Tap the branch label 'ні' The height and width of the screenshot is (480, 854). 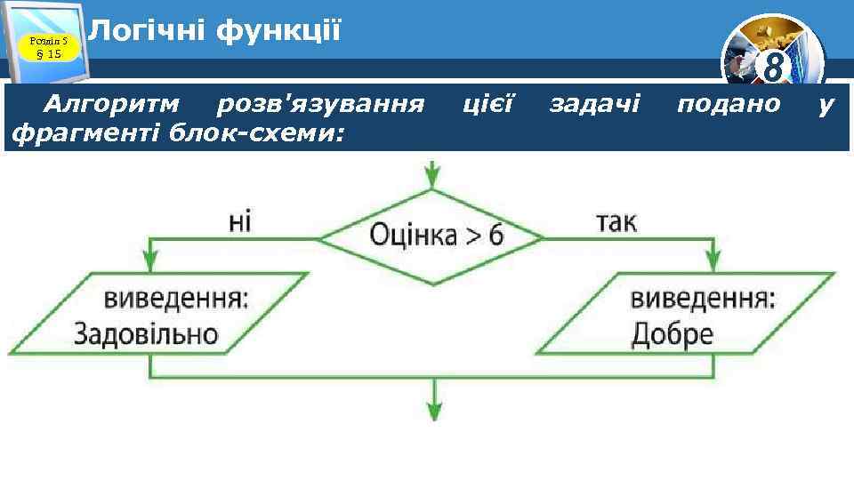point(240,220)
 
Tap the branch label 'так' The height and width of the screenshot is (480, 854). point(616,220)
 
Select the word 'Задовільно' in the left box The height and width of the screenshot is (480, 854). point(146,334)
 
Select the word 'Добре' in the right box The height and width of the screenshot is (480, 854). point(672,334)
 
